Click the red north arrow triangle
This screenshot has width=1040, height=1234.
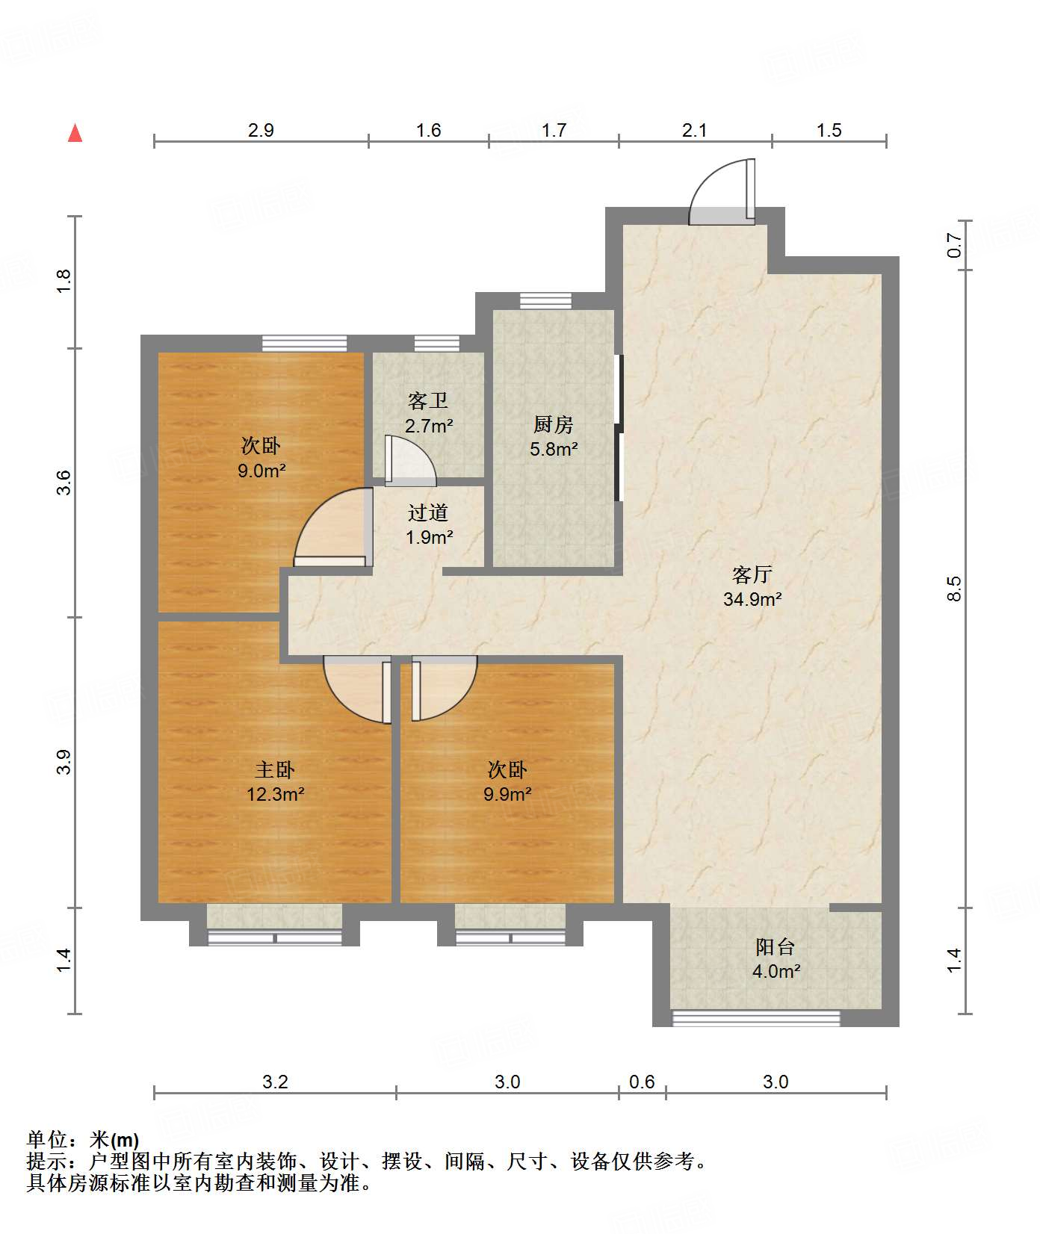click(75, 134)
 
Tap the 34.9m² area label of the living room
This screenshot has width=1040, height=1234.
click(752, 599)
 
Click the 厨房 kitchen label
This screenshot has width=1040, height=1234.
click(553, 425)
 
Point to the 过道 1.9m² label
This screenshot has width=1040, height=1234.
click(429, 525)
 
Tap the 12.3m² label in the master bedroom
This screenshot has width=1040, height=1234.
click(275, 794)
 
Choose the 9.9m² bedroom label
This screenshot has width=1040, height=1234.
click(507, 794)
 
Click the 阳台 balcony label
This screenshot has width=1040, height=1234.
click(775, 947)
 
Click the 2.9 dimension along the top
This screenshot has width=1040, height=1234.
click(261, 131)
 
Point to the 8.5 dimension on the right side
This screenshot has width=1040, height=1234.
click(954, 589)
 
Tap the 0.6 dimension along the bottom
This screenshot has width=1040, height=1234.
click(642, 1082)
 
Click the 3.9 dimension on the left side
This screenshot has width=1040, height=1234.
click(64, 762)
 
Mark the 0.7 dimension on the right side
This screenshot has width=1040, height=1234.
click(954, 245)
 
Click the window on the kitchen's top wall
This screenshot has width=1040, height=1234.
click(545, 301)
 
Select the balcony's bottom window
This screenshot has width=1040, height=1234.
click(756, 1017)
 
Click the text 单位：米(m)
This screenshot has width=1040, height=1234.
click(82, 1140)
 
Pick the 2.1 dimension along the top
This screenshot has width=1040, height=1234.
click(694, 131)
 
